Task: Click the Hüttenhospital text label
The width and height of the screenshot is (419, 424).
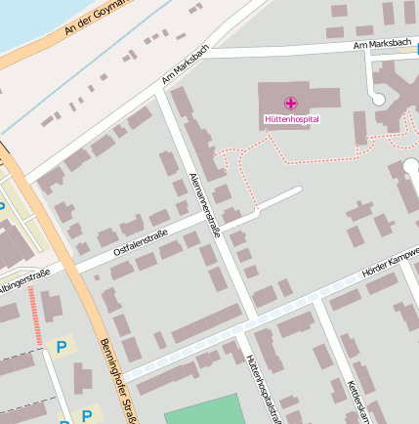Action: tap(291, 119)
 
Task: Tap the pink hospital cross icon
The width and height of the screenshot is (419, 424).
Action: tap(291, 103)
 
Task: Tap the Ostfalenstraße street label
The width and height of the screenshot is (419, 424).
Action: tap(141, 241)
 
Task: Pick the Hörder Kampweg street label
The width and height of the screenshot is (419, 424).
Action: tap(390, 265)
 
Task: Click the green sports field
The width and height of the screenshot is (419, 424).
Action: tap(201, 409)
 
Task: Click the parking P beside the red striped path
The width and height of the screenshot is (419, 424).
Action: tap(62, 346)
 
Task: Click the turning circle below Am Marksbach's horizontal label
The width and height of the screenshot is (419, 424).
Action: tap(377, 98)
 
